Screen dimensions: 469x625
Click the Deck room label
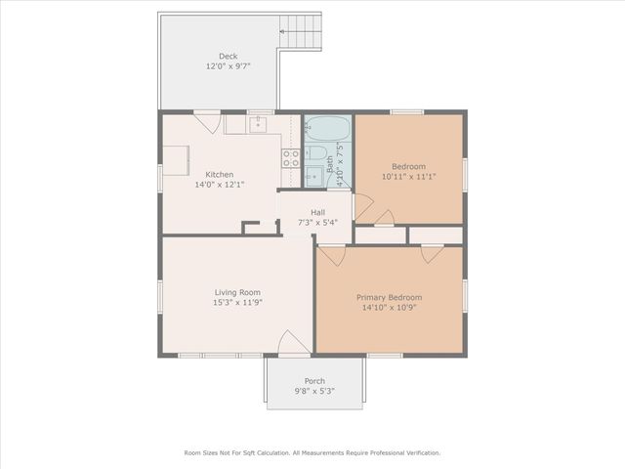click(x=229, y=56)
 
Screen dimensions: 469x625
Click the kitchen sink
click(x=258, y=125)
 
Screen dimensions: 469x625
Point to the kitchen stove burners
click(x=290, y=157)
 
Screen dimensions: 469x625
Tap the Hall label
click(x=317, y=212)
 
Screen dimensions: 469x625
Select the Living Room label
click(x=237, y=292)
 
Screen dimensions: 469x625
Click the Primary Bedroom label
click(x=389, y=297)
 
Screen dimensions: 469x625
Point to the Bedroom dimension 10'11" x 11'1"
click(x=408, y=177)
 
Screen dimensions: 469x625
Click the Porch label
click(x=314, y=381)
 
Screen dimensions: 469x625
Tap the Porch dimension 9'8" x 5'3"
click(x=314, y=392)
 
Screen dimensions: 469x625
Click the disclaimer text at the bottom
click(x=312, y=452)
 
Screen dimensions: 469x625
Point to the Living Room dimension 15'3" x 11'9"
click(x=237, y=303)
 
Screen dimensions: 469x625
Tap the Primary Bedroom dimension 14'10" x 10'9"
click(x=389, y=308)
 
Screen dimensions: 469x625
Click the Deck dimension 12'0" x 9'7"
click(x=229, y=66)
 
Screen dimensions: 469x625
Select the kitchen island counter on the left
click(x=176, y=159)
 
